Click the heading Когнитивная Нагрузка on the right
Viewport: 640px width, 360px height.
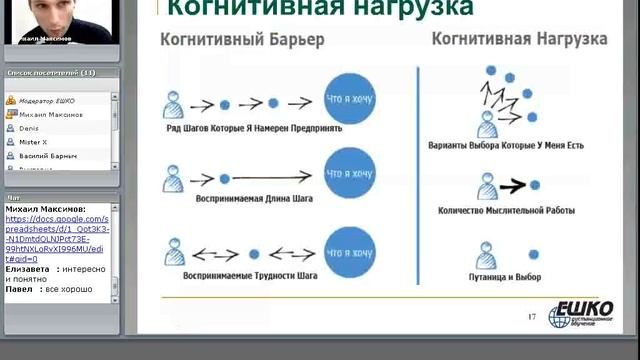[519, 39]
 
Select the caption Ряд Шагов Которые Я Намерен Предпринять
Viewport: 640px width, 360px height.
[254, 128]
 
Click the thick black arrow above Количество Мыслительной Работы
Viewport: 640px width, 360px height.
[513, 185]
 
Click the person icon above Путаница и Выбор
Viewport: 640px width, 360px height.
[487, 252]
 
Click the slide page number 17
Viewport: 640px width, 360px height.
[532, 317]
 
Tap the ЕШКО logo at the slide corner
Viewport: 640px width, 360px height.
[580, 311]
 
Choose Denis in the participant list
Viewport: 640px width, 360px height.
[30, 129]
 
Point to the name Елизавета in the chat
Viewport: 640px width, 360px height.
[26, 269]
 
